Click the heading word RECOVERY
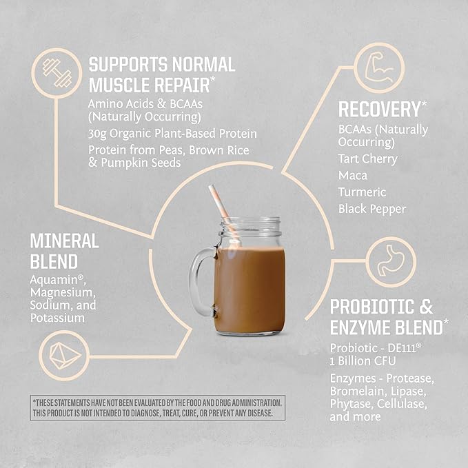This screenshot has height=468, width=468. tap(378, 110)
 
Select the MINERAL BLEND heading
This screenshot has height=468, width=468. tap(64, 252)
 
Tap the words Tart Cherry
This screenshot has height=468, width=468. tap(367, 159)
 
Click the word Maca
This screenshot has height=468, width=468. tap(353, 175)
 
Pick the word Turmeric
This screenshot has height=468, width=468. tap(362, 192)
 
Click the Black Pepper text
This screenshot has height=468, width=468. tap(372, 208)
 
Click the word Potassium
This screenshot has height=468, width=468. tap(57, 318)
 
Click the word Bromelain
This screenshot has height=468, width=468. tap(357, 391)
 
